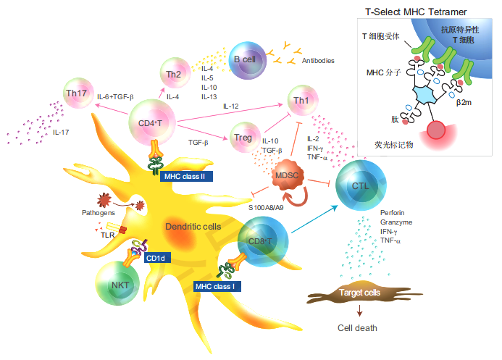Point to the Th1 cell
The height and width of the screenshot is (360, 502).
click(x=299, y=99)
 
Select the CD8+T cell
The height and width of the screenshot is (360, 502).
click(x=260, y=240)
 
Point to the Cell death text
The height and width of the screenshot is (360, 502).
click(x=357, y=328)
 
